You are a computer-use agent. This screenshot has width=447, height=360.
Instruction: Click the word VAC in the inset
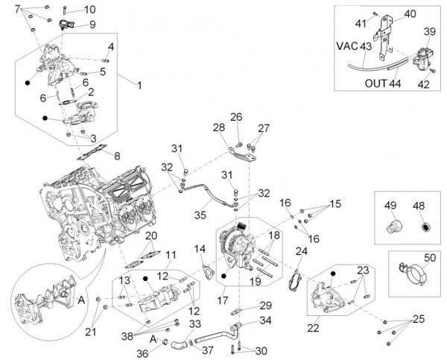[x=347, y=45]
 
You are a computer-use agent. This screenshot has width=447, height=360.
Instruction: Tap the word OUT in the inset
[x=375, y=83]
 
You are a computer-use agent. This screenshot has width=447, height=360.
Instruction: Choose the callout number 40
[x=410, y=15]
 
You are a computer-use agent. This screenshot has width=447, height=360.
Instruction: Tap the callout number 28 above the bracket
[x=219, y=127]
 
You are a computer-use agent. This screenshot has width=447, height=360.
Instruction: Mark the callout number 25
[x=418, y=319]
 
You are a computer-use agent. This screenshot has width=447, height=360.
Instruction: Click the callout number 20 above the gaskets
[x=151, y=237]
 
